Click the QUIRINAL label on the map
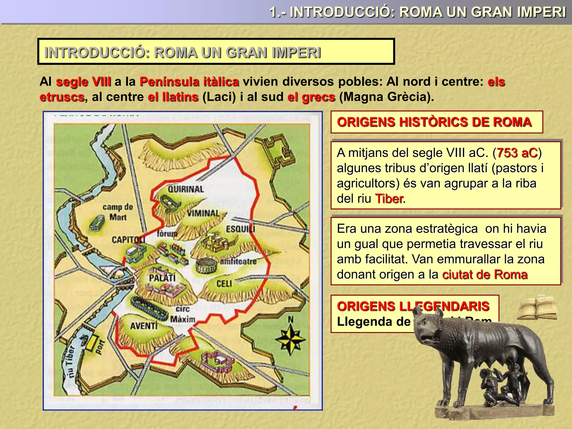click(186, 189)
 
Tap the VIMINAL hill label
click(203, 213)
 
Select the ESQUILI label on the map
click(240, 229)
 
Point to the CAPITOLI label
click(128, 240)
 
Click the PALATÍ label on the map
click(162, 278)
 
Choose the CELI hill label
click(224, 284)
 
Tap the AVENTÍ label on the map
click(144, 326)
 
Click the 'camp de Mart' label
click(118, 212)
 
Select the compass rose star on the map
click(290, 339)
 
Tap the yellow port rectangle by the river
click(91, 343)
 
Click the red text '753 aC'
click(517, 153)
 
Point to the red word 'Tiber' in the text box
click(389, 199)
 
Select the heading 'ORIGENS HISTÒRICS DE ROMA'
click(434, 122)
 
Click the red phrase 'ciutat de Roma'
click(485, 275)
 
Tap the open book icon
click(537, 308)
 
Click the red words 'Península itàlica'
click(189, 82)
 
